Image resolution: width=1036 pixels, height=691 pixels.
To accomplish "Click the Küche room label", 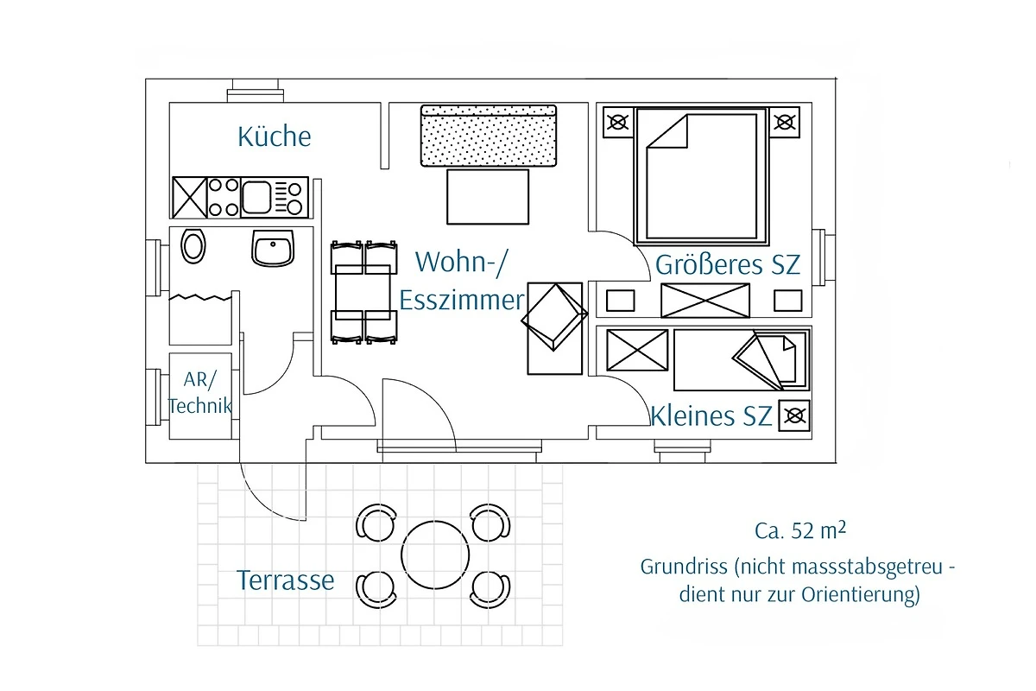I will tap(274, 136).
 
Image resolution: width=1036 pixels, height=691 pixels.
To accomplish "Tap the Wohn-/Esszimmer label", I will tap(461, 281).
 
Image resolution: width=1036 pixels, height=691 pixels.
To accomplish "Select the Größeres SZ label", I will tap(728, 264).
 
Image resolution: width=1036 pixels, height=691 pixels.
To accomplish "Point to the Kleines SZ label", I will tap(711, 416).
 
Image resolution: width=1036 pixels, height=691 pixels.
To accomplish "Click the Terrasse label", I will tap(285, 580).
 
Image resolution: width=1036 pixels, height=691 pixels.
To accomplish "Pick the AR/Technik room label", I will tap(200, 392).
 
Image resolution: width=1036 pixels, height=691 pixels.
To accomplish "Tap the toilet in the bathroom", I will tap(193, 246).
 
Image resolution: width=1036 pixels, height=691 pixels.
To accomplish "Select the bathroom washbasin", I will tap(273, 249).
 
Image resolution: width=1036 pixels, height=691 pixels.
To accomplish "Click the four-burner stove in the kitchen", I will tap(224, 197).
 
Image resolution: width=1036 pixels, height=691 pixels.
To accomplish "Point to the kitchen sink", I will tap(257, 197).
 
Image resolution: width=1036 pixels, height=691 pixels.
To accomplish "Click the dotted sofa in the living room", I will tap(488, 136).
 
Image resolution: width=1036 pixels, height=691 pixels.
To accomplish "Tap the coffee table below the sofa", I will tap(487, 197).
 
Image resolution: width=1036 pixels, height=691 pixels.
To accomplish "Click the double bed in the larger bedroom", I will tap(700, 175).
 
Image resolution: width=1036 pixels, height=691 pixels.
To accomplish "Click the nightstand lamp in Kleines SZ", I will tap(795, 417).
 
